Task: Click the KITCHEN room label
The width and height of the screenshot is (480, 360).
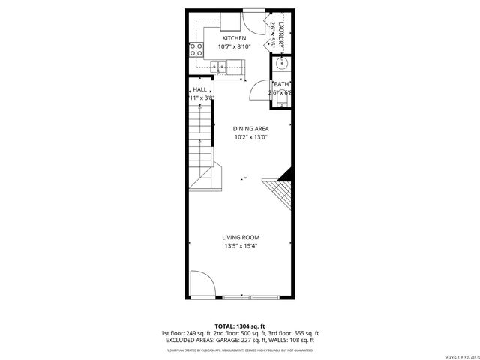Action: click(x=233, y=38)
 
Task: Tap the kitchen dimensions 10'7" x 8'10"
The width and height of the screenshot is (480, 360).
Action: click(x=233, y=47)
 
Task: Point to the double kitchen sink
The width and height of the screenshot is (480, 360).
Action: click(x=220, y=67)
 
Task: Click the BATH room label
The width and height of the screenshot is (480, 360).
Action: click(x=281, y=85)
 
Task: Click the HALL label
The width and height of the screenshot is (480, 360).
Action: click(x=200, y=90)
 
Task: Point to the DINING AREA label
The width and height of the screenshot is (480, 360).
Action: click(x=250, y=129)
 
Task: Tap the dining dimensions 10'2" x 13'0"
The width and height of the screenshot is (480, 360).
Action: click(x=250, y=137)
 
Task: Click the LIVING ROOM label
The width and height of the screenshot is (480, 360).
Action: click(x=241, y=238)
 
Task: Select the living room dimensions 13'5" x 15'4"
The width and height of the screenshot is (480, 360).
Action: click(x=241, y=246)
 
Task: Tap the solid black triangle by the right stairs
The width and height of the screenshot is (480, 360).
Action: click(x=284, y=177)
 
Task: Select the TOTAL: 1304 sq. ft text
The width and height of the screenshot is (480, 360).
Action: click(x=240, y=326)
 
